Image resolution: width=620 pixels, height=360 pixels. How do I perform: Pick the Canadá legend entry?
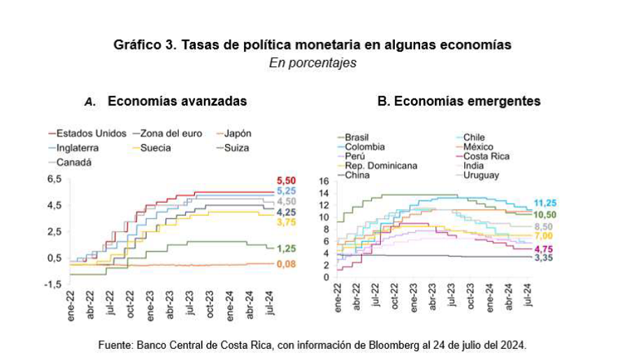(73, 162)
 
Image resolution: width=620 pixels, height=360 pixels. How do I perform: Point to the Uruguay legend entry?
(481, 175)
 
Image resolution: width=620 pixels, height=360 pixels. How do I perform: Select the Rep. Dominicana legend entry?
(380, 166)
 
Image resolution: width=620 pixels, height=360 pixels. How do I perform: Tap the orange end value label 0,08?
(287, 264)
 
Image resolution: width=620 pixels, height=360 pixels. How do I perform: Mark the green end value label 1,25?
(287, 248)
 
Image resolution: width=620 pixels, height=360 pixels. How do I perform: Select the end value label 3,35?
(545, 259)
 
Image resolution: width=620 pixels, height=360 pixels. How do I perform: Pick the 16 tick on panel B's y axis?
(323, 182)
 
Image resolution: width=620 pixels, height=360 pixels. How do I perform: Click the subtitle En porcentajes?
(312, 63)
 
